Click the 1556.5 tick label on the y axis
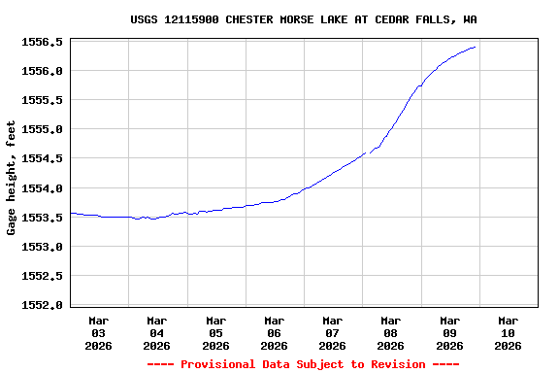[x=42, y=42]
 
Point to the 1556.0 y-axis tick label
[x=42, y=71]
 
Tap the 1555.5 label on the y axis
[x=42, y=100]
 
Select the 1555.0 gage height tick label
[x=42, y=129]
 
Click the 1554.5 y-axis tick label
[x=42, y=158]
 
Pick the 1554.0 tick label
[x=42, y=188]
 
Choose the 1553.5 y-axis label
[x=42, y=218]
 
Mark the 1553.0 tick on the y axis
[x=42, y=247]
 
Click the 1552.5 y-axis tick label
[x=42, y=276]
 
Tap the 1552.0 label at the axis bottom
[x=42, y=305]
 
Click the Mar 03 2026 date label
[x=99, y=332]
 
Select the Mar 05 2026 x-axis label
[x=215, y=332]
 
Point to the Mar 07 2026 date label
[x=332, y=332]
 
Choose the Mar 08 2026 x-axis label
[x=390, y=332]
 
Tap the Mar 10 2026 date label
[x=508, y=332]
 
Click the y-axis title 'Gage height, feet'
[x=12, y=178]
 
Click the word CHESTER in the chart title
[x=252, y=19]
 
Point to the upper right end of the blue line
[x=475, y=47]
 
